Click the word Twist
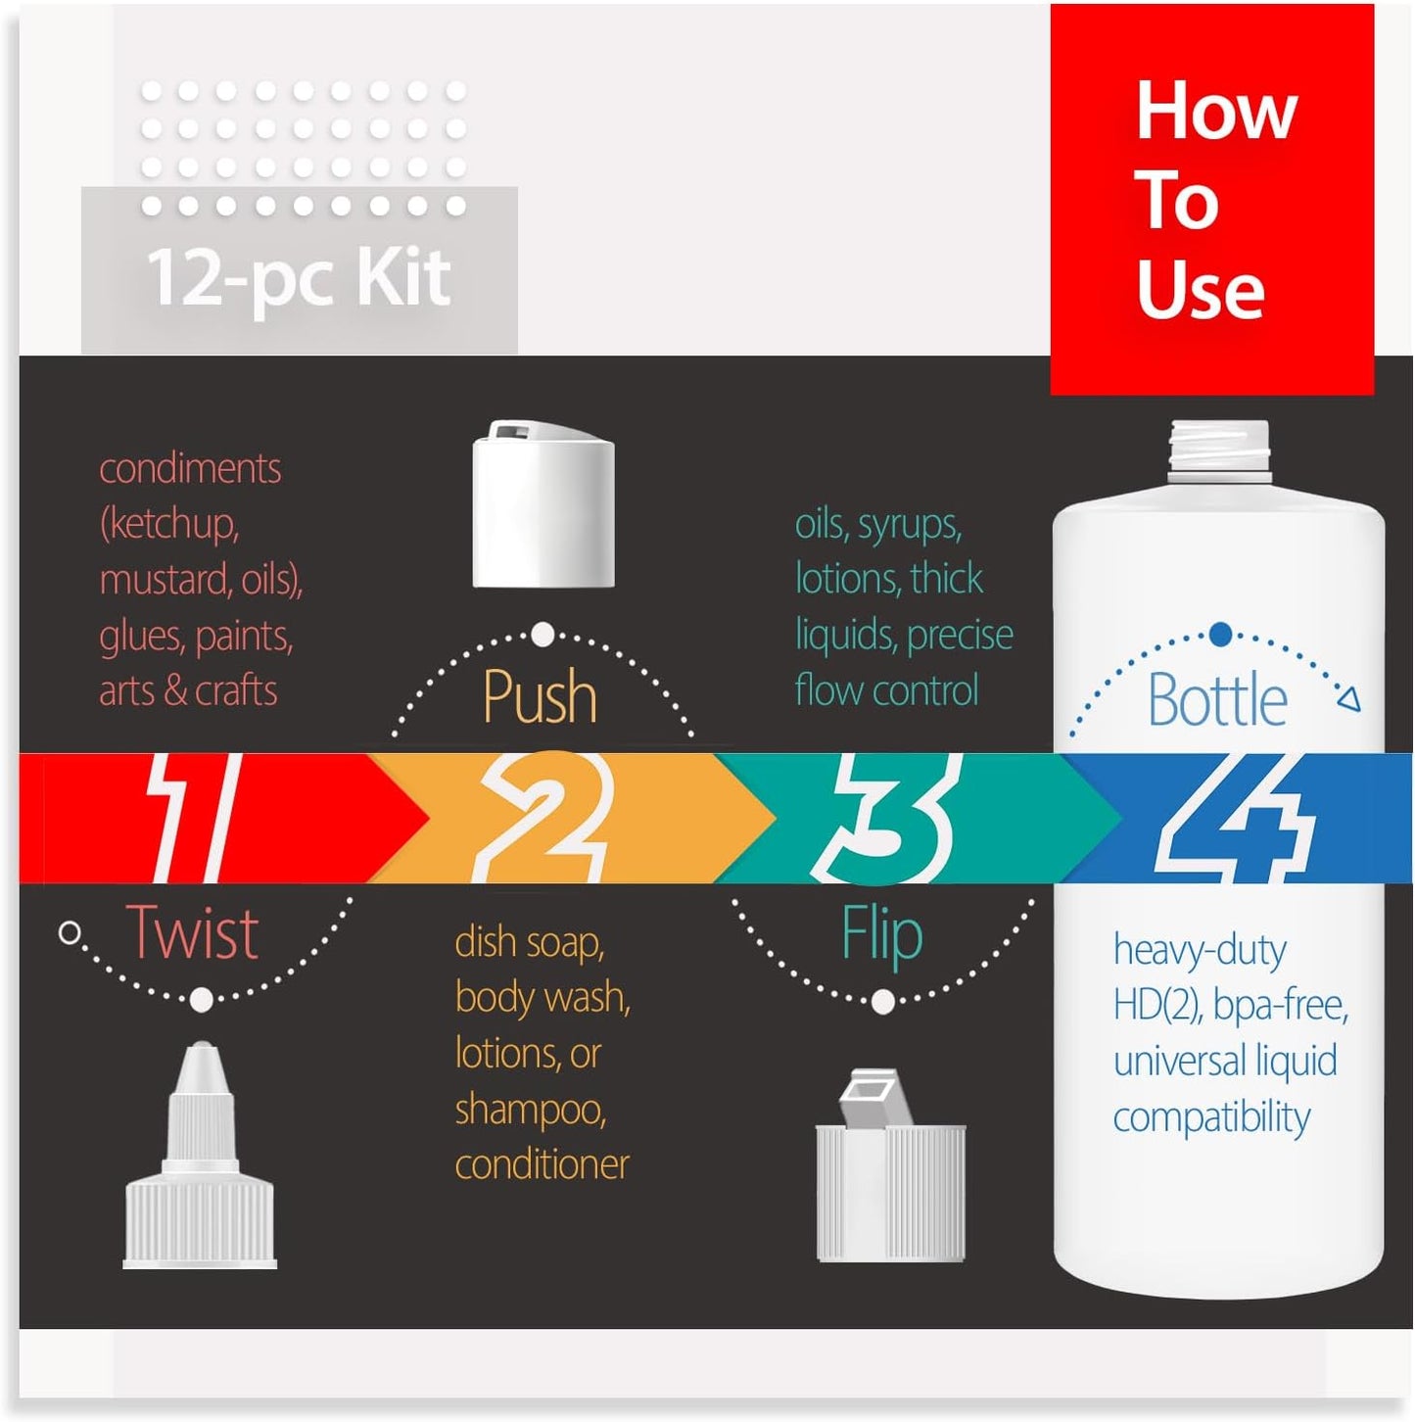[192, 932]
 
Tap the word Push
[540, 697]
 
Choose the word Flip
[881, 934]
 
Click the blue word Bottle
[1217, 700]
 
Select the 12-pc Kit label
[299, 277]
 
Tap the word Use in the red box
[1201, 290]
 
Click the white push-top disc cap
[543, 504]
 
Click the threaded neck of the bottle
[1219, 451]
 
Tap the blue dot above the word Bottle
[1220, 635]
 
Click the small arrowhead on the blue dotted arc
[1349, 699]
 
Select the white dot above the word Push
[542, 635]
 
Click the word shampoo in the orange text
[530, 1110]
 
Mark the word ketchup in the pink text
[173, 524]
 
